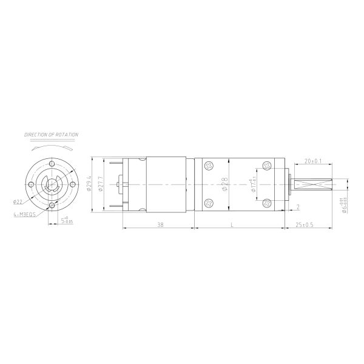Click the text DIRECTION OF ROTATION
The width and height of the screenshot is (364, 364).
tap(51, 133)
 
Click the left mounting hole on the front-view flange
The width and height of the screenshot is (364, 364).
tap(30, 184)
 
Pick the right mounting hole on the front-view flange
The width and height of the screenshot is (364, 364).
tap(73, 184)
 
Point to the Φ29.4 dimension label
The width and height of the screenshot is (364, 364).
tap(89, 184)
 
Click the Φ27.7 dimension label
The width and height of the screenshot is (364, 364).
tap(100, 184)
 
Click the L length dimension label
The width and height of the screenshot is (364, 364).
tap(233, 224)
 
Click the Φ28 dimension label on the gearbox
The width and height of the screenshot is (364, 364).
tap(224, 184)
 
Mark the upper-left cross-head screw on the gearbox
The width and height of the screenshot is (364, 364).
tap(209, 165)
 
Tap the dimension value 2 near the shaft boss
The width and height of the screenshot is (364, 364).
tap(298, 207)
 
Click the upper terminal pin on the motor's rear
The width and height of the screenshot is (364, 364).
tap(115, 162)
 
